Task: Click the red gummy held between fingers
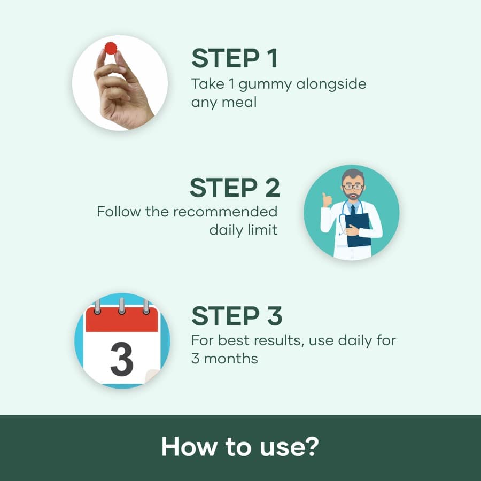tap(111, 49)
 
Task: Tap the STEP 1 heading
tap(235, 58)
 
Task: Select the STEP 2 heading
tap(235, 188)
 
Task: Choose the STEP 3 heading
tap(237, 316)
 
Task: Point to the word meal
tap(240, 102)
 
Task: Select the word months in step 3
tap(233, 358)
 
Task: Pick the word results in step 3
tap(278, 340)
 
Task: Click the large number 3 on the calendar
tap(121, 360)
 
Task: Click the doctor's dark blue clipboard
tap(358, 230)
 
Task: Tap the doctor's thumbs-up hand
tap(327, 200)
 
